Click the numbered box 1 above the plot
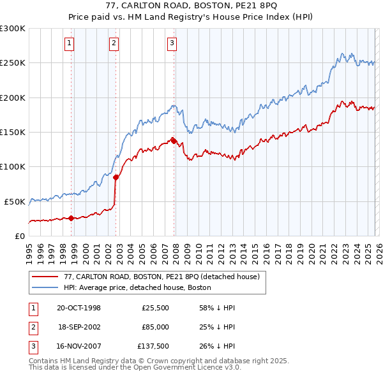point(69,43)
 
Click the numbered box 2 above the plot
point(114,43)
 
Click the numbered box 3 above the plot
point(172,43)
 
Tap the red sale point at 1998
point(71,218)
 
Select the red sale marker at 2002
point(116,178)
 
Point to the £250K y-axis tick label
point(13,63)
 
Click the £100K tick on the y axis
point(13,166)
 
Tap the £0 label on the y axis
point(19,236)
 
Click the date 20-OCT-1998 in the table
point(79,308)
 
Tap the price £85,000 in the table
point(154,327)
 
